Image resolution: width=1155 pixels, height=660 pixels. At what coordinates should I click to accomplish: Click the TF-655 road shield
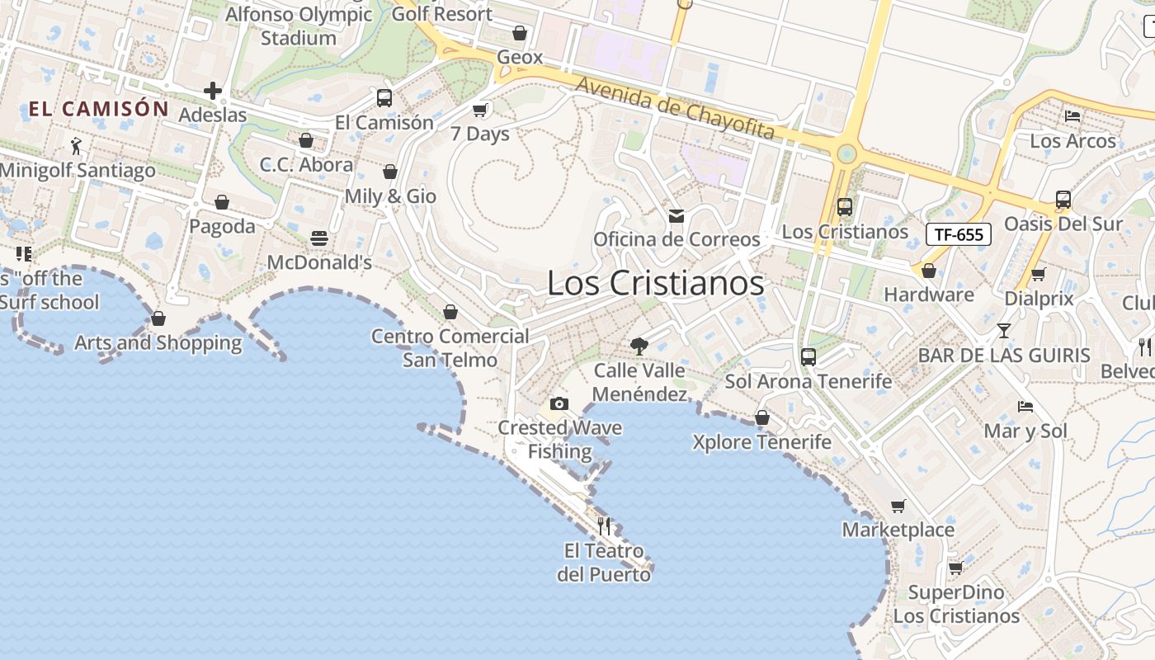958,234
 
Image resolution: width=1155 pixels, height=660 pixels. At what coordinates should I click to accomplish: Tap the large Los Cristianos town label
656,283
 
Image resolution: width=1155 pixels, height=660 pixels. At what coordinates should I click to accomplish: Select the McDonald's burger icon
320,238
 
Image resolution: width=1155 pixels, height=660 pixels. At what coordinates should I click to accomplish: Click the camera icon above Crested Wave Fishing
559,403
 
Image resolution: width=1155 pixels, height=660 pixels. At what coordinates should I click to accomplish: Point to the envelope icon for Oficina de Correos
676,216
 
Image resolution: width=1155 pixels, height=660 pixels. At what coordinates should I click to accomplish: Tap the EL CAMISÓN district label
99,108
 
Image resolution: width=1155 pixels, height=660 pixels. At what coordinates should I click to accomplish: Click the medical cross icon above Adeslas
213,91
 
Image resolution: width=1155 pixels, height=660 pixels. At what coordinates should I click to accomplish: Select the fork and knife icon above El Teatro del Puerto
604,526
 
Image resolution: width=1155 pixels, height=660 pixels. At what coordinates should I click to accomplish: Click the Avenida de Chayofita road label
675,108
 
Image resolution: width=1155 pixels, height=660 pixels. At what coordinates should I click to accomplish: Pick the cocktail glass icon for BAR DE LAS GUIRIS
1003,331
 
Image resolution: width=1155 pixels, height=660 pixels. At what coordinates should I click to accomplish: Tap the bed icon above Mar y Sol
1025,406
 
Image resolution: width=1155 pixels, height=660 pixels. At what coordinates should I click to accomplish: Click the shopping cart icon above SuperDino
956,568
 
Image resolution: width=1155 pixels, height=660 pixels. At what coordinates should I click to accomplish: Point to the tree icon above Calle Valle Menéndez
639,346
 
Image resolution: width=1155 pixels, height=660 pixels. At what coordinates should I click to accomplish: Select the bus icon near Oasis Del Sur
1063,200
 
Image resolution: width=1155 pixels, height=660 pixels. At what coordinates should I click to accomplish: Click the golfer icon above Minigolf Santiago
77,146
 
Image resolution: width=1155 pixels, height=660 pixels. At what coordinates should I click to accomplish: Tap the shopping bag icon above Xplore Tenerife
762,417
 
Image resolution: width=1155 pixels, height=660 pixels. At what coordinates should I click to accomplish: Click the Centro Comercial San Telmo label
450,347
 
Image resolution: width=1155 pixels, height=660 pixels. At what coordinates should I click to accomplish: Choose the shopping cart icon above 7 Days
480,110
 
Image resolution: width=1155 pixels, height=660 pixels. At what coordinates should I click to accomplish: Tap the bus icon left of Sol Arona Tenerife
808,357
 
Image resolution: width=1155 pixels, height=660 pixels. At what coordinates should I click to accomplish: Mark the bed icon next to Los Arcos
1072,116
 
